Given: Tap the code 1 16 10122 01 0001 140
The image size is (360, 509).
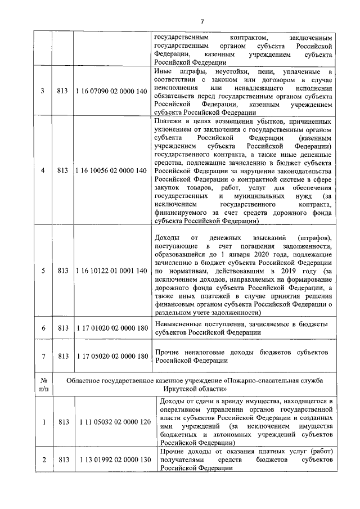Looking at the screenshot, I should pyautogui.click(x=111, y=271).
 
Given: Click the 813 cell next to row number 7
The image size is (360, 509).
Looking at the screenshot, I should pyautogui.click(x=63, y=356).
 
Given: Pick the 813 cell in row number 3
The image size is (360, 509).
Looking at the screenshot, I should pyautogui.click(x=63, y=92).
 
